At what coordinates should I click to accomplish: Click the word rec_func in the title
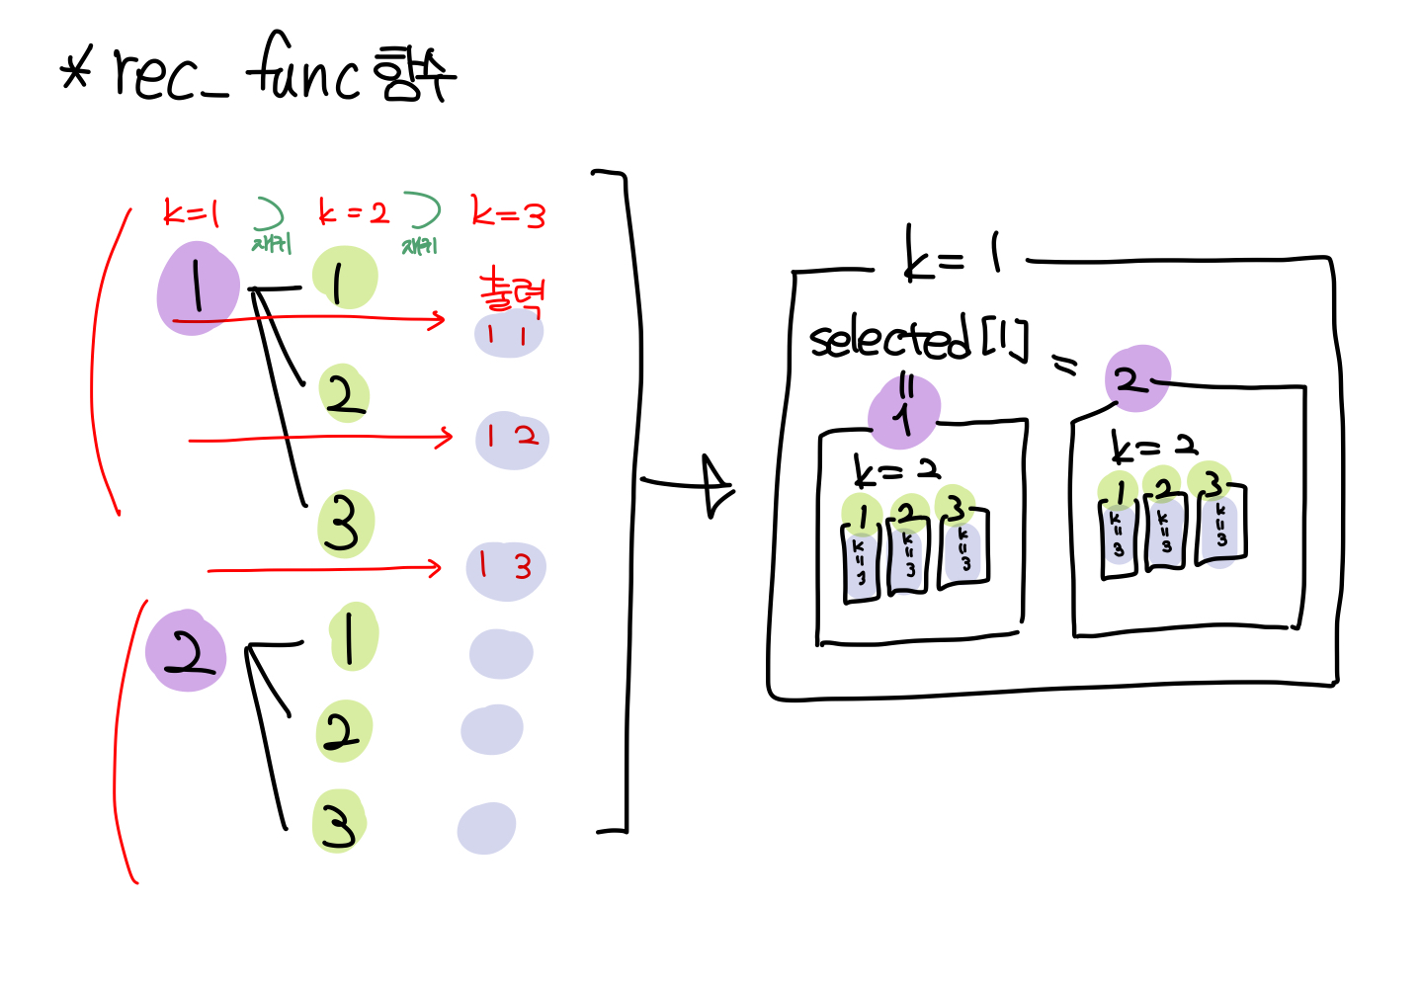[237, 71]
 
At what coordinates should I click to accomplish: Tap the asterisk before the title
[75, 71]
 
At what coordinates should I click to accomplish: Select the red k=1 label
[191, 212]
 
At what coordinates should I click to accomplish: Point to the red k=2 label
[353, 212]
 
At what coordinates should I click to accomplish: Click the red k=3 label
[508, 213]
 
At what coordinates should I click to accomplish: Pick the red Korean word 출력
[511, 291]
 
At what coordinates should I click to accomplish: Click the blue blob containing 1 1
[509, 334]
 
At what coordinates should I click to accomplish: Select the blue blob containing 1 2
[512, 439]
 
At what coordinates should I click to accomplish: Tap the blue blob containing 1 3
[505, 569]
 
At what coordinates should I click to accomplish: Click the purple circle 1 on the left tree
[198, 288]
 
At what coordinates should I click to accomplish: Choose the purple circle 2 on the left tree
[185, 651]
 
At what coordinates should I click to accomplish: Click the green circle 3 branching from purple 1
[345, 524]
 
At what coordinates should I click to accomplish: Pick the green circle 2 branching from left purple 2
[343, 732]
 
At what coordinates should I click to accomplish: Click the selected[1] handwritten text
[918, 339]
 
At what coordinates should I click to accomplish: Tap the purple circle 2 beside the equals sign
[1136, 378]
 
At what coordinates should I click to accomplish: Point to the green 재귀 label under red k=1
[272, 243]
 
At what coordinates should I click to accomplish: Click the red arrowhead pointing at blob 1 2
[446, 437]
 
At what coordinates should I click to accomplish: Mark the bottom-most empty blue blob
[486, 828]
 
